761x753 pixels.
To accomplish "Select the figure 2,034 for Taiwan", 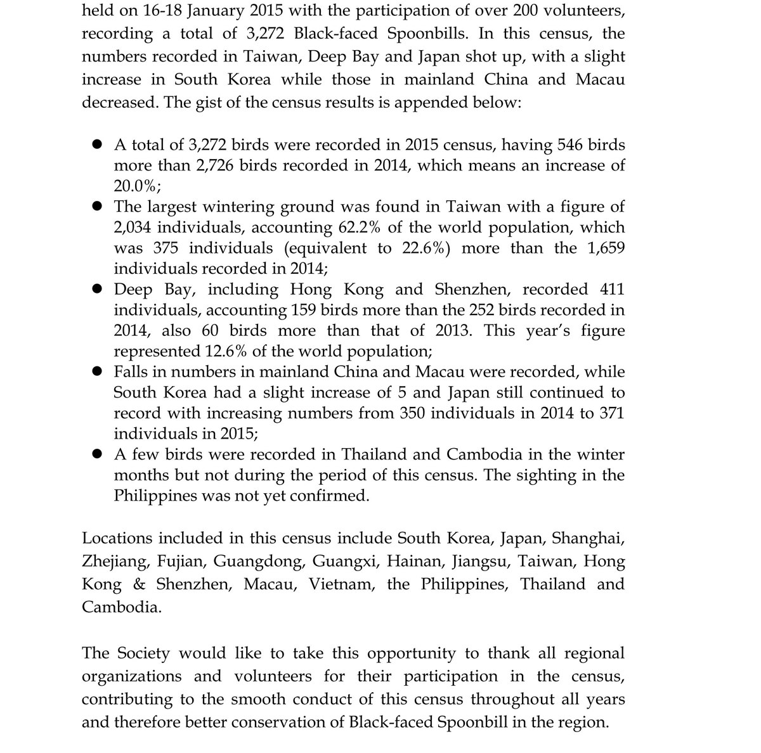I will pos(134,228).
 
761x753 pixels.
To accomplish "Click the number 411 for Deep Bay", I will pos(611,290).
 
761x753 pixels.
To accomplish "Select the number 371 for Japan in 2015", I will pos(611,413).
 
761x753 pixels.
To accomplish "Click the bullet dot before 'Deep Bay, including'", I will pos(97,290).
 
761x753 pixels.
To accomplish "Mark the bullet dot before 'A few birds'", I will pos(97,454).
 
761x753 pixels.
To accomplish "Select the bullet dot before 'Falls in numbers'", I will pos(97,372).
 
